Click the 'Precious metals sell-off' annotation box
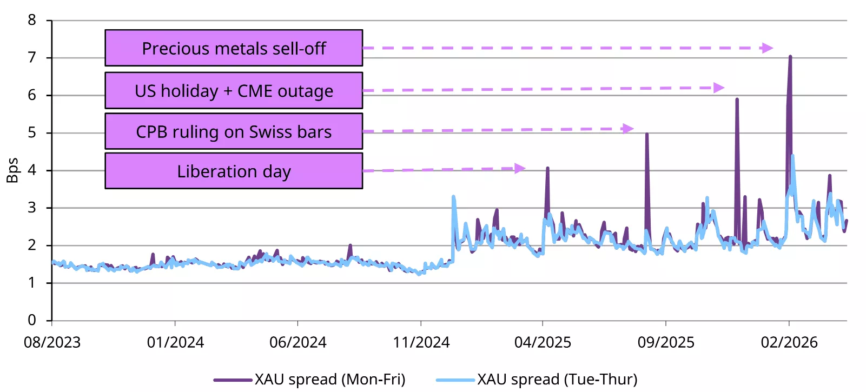click(x=234, y=48)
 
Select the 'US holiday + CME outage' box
click(x=234, y=90)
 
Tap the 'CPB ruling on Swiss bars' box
click(x=234, y=131)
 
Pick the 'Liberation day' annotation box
click(x=234, y=171)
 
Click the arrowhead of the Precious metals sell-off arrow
click(x=767, y=48)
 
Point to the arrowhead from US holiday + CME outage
click(x=718, y=88)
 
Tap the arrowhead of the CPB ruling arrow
click(x=627, y=129)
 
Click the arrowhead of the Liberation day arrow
click(x=520, y=168)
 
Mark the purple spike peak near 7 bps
click(x=790, y=56)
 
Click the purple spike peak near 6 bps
click(x=737, y=99)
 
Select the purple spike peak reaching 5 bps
click(x=647, y=134)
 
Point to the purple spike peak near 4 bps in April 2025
click(x=547, y=168)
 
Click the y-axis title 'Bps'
click(x=12, y=170)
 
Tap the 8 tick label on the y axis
click(x=32, y=21)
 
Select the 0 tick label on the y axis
click(x=32, y=320)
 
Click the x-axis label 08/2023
click(x=52, y=342)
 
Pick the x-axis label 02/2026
click(x=789, y=342)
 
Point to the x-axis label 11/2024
click(x=421, y=342)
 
